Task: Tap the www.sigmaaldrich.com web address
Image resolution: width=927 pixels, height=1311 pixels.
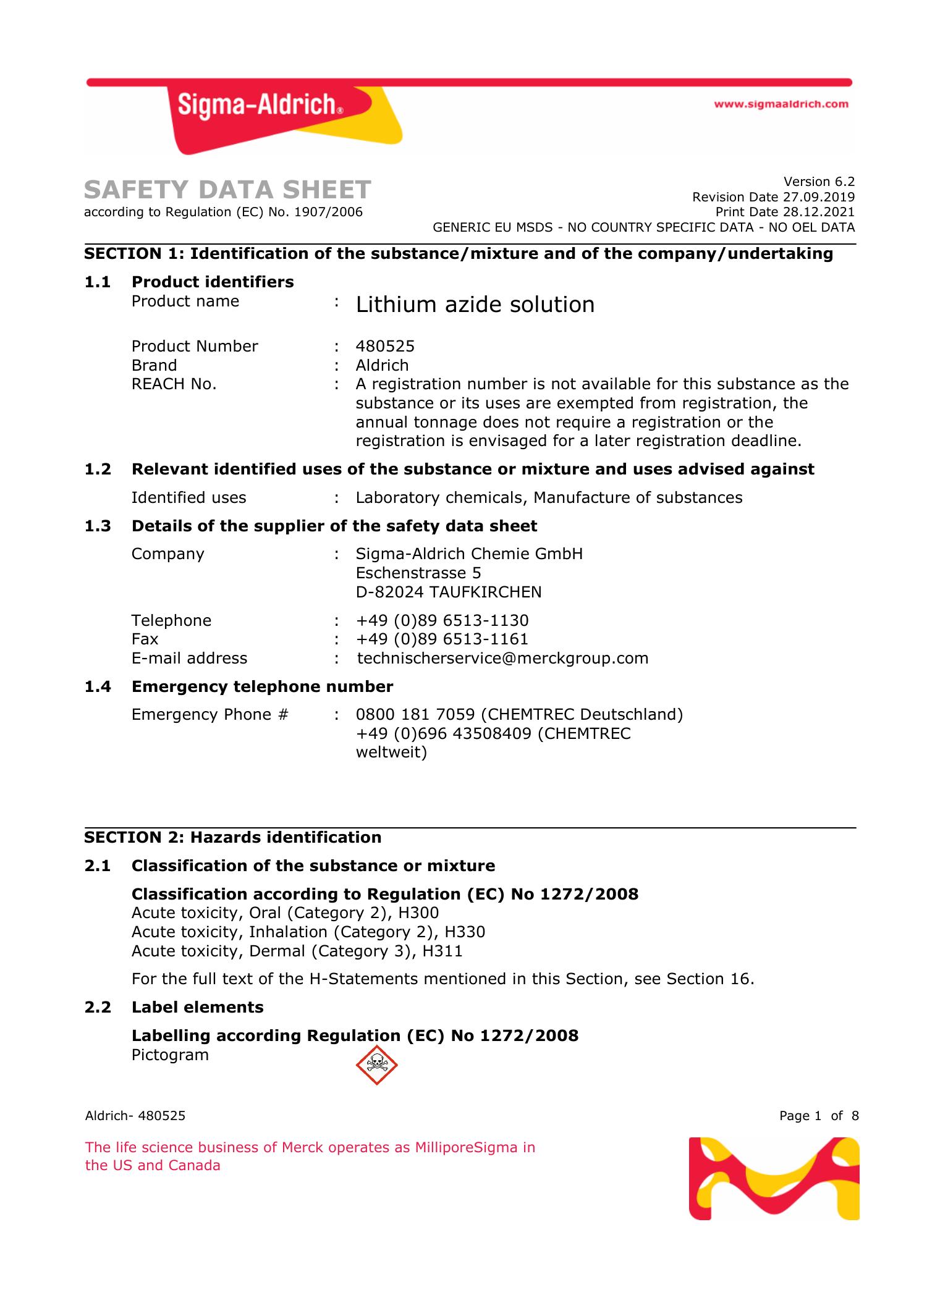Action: [x=781, y=104]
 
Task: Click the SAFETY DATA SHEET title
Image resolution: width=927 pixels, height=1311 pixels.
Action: [x=227, y=190]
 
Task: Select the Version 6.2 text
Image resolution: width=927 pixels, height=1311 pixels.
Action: [x=819, y=182]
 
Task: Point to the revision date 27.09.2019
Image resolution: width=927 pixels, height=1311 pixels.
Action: [x=819, y=197]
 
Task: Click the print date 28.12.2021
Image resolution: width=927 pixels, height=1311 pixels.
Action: [x=819, y=212]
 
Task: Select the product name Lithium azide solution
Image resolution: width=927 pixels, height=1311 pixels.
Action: [x=475, y=305]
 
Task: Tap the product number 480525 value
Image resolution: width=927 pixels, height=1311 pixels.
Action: [x=385, y=346]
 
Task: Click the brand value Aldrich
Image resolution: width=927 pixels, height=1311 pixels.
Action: [x=382, y=365]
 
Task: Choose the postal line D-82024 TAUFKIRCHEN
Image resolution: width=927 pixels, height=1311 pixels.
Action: [x=449, y=592]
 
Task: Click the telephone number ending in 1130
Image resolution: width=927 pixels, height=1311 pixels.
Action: [x=442, y=620]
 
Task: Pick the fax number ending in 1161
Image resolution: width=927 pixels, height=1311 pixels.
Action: [x=442, y=639]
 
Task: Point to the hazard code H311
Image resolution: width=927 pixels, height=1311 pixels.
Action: [x=442, y=951]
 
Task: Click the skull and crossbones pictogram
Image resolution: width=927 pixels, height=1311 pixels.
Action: [x=376, y=1065]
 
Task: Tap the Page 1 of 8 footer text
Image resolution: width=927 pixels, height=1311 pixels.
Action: [x=819, y=1116]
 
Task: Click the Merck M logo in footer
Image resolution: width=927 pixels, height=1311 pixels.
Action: [x=774, y=1178]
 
